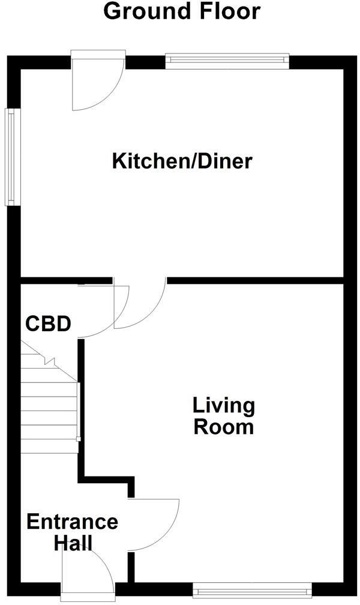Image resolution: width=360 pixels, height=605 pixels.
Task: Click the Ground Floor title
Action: (182, 11)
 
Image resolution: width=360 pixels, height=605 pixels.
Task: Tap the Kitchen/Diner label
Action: (182, 161)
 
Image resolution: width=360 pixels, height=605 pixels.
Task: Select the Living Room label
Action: (223, 415)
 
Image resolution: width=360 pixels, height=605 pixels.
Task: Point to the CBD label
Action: (48, 324)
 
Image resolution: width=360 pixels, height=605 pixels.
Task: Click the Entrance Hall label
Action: (72, 532)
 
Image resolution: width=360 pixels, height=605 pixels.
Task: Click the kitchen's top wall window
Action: (227, 59)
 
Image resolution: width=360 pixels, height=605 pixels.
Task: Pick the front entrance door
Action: (86, 570)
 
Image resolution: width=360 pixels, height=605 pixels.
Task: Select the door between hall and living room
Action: (153, 519)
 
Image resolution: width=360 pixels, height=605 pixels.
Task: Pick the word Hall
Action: (73, 543)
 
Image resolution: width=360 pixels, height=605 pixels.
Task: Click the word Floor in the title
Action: (231, 11)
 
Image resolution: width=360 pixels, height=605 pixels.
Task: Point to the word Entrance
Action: (72, 521)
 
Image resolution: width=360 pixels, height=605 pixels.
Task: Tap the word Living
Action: (223, 405)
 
